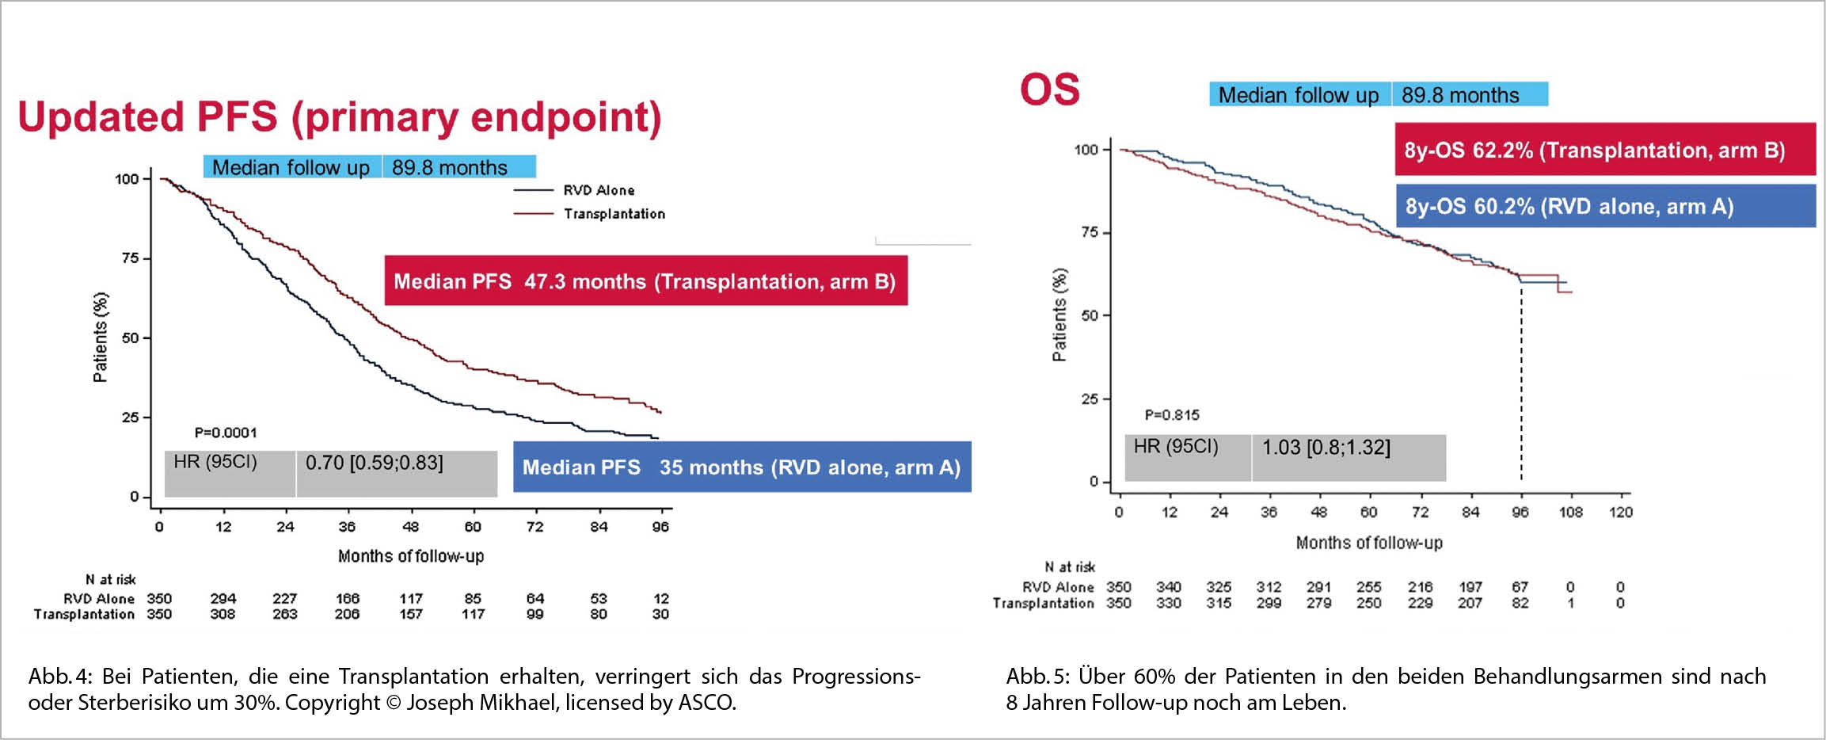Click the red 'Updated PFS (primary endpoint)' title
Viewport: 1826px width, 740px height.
[x=339, y=117]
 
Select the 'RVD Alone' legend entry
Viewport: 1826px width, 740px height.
[x=598, y=190]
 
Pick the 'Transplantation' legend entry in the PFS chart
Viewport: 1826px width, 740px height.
[x=614, y=214]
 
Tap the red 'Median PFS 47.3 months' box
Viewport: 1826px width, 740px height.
[x=645, y=281]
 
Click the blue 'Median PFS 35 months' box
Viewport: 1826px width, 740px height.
[x=741, y=467]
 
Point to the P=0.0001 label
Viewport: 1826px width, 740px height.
[x=226, y=433]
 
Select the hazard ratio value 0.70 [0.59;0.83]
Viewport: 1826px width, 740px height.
[x=375, y=463]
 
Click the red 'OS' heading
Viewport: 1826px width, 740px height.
[x=1049, y=90]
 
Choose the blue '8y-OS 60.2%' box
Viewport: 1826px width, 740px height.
[x=1604, y=206]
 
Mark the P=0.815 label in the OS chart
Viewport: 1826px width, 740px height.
[x=1172, y=415]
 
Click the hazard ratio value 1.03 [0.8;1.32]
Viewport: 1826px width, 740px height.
[x=1326, y=448]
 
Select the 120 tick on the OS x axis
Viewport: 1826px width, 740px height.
[x=1621, y=513]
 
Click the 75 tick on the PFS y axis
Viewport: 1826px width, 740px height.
[x=130, y=258]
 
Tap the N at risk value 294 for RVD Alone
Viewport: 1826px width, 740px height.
[x=223, y=599]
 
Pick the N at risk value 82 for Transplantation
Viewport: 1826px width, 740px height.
[x=1520, y=603]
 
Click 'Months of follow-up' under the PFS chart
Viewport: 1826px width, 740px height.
[x=410, y=556]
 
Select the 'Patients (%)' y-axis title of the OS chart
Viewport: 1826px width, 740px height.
[x=1059, y=315]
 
